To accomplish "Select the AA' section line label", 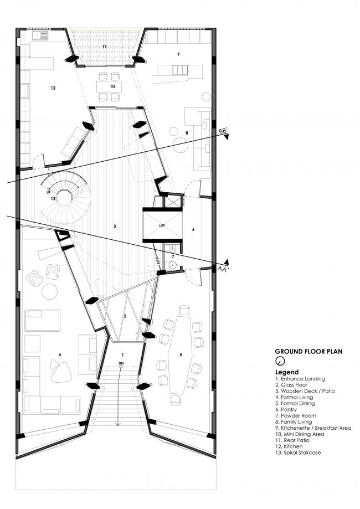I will coord(222,268).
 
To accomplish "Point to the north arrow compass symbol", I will coord(280,361).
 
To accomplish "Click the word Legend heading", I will coord(287,372).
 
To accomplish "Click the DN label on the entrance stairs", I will coord(121,363).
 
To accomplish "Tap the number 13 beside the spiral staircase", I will coord(53,198).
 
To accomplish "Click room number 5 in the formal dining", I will coord(181,354).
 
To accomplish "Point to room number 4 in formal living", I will coord(60,354).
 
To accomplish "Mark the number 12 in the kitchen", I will coord(53,88).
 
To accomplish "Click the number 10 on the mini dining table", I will coord(112,86).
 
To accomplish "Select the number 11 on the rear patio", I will coord(104,47).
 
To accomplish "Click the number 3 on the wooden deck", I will coord(114,226).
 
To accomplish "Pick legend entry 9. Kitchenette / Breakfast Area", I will coord(313,428).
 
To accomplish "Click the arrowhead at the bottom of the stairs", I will coord(118,424).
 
